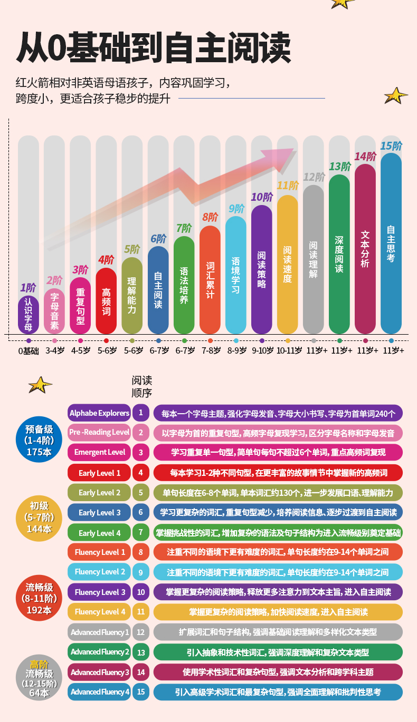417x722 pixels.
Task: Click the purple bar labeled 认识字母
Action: point(29,315)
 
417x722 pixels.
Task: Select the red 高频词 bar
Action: point(106,301)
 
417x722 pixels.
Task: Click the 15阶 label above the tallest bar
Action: point(391,146)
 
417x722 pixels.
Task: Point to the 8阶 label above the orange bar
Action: point(210,217)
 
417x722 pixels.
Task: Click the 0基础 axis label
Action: point(29,350)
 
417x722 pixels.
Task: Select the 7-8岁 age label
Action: point(210,350)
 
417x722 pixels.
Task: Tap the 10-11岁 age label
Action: point(288,350)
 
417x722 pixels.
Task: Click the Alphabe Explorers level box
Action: point(99,413)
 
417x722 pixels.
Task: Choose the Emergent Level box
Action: point(99,452)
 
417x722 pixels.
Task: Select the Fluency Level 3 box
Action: point(99,592)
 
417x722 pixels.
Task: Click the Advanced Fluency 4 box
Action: point(99,692)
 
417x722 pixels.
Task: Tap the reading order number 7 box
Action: point(141,532)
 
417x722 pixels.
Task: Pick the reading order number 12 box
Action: point(141,632)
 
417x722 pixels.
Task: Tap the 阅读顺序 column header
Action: point(141,386)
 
